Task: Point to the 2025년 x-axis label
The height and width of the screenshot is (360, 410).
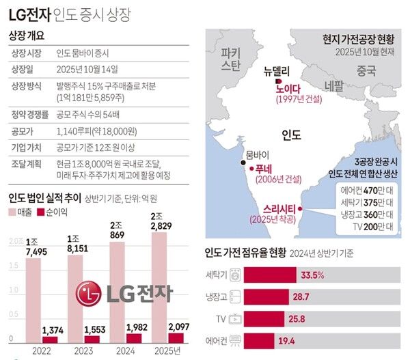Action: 169,350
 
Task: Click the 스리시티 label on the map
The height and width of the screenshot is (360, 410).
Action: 281,208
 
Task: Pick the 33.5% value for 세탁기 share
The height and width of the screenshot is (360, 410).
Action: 310,275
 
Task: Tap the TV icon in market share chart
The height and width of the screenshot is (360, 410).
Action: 234,318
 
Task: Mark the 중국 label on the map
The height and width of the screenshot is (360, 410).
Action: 366,70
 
